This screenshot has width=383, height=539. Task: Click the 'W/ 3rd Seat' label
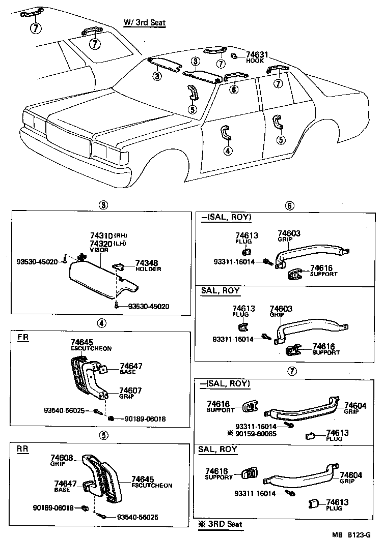[145, 22]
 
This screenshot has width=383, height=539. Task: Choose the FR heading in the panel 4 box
[23, 338]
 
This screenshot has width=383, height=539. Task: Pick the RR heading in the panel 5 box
[23, 449]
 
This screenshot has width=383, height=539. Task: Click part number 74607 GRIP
[130, 391]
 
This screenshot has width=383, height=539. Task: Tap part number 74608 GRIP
[61, 458]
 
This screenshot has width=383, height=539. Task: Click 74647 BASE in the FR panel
[131, 366]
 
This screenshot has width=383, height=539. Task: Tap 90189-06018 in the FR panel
[145, 419]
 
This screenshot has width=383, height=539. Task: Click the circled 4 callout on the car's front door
[227, 151]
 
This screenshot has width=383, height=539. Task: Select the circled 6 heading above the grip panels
[289, 205]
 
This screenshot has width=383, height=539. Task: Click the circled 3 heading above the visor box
[103, 205]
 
